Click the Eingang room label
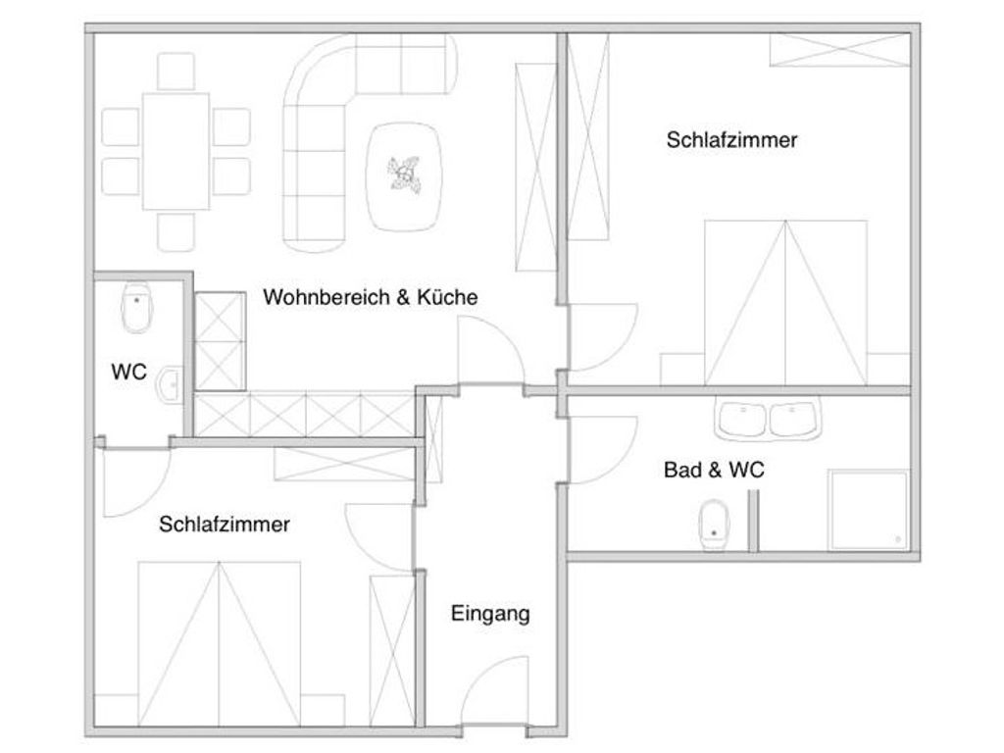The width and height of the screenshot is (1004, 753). (x=490, y=614)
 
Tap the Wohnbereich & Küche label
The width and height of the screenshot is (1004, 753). (x=370, y=297)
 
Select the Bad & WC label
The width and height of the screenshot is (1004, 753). (x=714, y=470)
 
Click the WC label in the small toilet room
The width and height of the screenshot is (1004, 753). (x=128, y=372)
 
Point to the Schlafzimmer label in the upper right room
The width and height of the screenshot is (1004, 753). (x=731, y=139)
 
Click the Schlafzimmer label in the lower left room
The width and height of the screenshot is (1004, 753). (x=225, y=525)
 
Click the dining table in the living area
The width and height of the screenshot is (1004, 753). (x=176, y=151)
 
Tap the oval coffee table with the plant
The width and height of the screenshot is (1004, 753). (x=403, y=176)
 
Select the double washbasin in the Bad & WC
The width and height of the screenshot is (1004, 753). (x=768, y=419)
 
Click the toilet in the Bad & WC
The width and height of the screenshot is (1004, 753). (x=714, y=526)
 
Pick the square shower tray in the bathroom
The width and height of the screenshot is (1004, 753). (x=869, y=510)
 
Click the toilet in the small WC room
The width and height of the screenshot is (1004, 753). (x=137, y=307)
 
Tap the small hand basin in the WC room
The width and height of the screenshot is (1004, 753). (x=171, y=384)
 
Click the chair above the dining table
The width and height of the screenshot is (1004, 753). (x=176, y=71)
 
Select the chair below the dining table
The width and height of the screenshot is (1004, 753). (x=176, y=231)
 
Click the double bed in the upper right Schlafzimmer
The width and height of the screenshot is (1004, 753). (x=785, y=303)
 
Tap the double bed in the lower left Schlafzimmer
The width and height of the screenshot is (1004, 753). (x=219, y=644)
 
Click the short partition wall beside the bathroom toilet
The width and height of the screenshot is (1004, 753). (x=754, y=521)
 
